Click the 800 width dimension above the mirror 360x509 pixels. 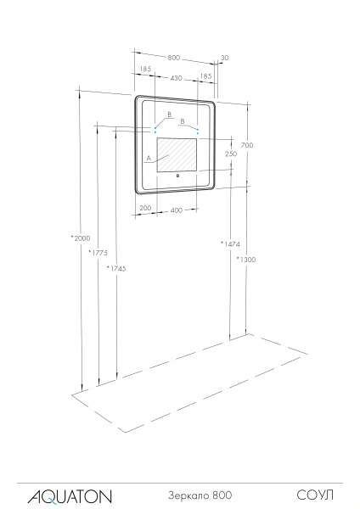(x=173, y=58)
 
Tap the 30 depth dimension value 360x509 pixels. (x=223, y=59)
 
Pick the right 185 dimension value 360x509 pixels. (x=205, y=76)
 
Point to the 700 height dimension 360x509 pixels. (x=246, y=146)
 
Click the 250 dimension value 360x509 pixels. (x=230, y=154)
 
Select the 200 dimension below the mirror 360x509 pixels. (x=145, y=208)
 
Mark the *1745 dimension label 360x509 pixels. (x=116, y=268)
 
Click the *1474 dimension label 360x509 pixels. (x=229, y=243)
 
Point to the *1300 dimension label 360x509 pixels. (x=246, y=259)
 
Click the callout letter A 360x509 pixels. (x=149, y=158)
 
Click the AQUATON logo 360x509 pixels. (x=64, y=495)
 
